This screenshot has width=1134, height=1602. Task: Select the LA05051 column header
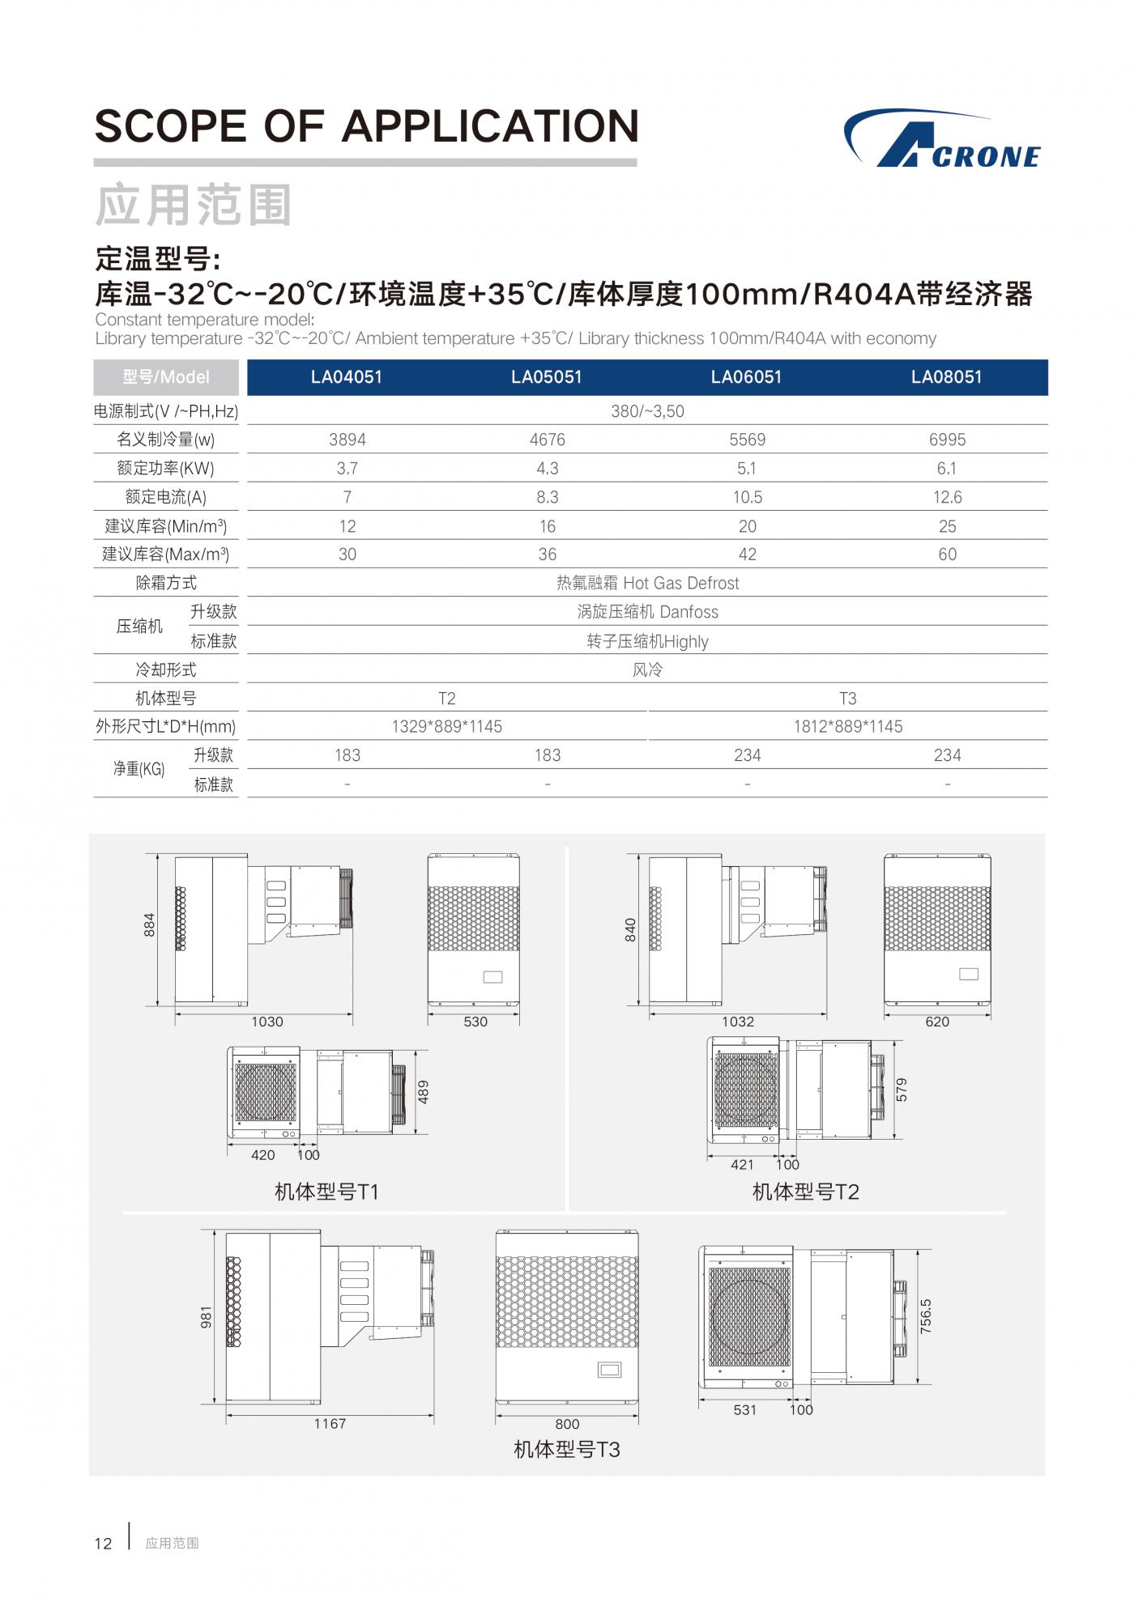pyautogui.click(x=546, y=377)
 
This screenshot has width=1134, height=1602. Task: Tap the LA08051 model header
pyautogui.click(x=946, y=377)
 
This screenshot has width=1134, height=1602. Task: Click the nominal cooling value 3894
pyautogui.click(x=347, y=440)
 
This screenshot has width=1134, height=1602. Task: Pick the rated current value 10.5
pyautogui.click(x=747, y=497)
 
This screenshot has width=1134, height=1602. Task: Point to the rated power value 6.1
pyautogui.click(x=946, y=469)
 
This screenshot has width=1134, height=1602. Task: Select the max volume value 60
pyautogui.click(x=947, y=555)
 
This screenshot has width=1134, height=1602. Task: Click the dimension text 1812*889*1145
pyautogui.click(x=847, y=727)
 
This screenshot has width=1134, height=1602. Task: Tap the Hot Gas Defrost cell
pyautogui.click(x=647, y=584)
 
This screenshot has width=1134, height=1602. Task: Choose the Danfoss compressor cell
pyautogui.click(x=647, y=612)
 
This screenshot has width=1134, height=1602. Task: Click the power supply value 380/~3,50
pyautogui.click(x=647, y=411)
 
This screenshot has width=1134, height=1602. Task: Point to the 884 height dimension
pyautogui.click(x=149, y=925)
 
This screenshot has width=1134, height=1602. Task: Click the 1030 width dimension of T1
pyautogui.click(x=266, y=1022)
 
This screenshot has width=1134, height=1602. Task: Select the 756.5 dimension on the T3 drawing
pyautogui.click(x=926, y=1316)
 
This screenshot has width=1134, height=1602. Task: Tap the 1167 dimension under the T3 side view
pyautogui.click(x=330, y=1424)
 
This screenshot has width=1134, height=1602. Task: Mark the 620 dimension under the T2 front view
pyautogui.click(x=936, y=1022)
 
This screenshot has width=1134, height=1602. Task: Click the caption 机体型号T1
pyautogui.click(x=326, y=1192)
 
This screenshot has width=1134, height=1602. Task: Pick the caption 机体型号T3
pyautogui.click(x=566, y=1450)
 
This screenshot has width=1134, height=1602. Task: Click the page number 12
pyautogui.click(x=103, y=1544)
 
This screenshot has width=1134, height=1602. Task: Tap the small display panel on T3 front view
pyautogui.click(x=609, y=1370)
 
